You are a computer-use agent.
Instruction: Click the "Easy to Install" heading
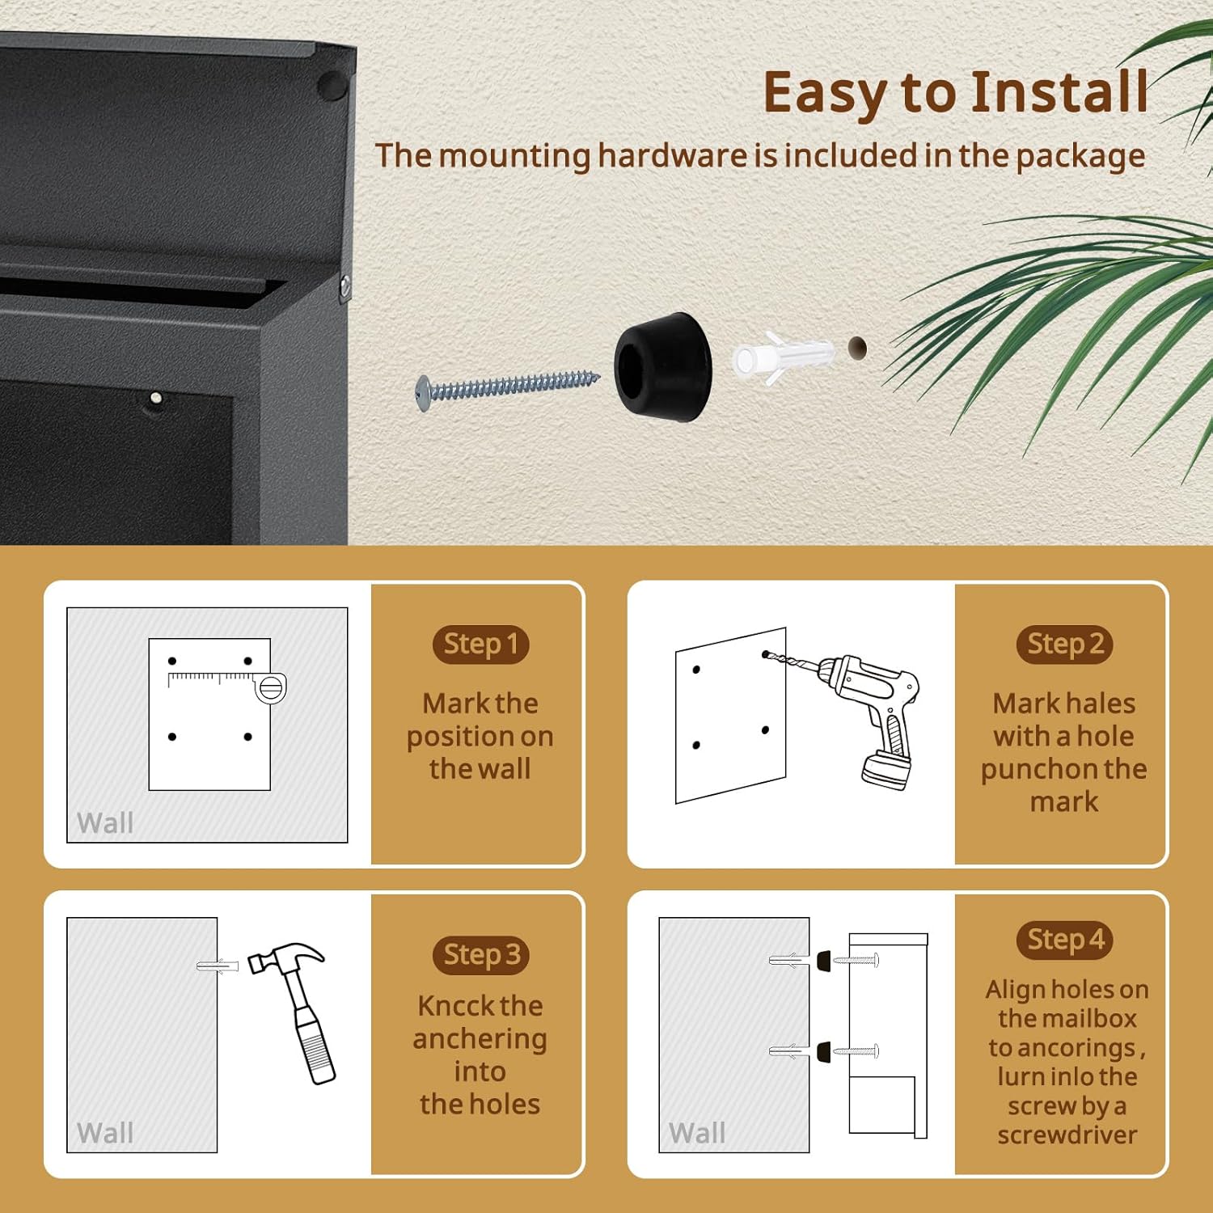point(955,92)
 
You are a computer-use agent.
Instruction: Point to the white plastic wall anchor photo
point(781,355)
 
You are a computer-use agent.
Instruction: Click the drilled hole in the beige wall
point(857,349)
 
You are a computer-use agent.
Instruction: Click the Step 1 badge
point(480,645)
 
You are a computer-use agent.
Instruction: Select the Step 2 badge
point(1064,645)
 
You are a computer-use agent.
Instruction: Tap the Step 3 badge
point(480,955)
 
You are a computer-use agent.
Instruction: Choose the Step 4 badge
point(1064,940)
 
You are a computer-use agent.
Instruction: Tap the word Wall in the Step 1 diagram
point(105,823)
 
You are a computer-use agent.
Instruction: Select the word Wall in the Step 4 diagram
point(697,1133)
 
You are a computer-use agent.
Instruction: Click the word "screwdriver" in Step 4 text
point(1067,1135)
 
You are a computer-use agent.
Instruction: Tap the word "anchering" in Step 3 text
point(480,1039)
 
